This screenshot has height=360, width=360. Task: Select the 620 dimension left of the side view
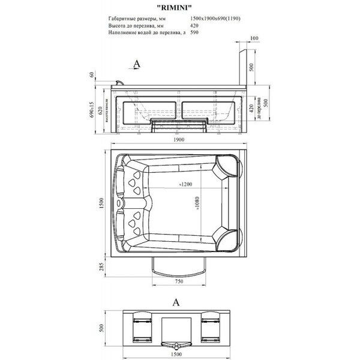click(x=100, y=110)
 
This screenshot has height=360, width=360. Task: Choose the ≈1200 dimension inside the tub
click(x=186, y=185)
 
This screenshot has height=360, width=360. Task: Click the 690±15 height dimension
click(x=92, y=110)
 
